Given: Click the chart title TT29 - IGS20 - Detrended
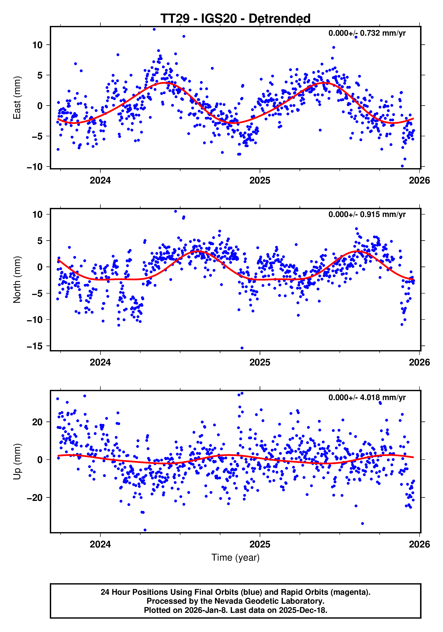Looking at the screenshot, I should (235, 19).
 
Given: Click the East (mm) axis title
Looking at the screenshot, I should (17, 98).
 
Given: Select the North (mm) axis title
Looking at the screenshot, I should (17, 280).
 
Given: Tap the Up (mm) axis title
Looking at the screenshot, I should (17, 462).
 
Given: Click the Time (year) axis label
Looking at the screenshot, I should (235, 557).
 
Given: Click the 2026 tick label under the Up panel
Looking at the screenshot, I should (419, 544).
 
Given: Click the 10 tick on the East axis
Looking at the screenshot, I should (38, 45).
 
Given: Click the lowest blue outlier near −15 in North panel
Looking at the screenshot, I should (242, 348).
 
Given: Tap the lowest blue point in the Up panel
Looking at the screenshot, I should (145, 530).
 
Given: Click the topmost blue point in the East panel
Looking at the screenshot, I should (154, 29).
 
